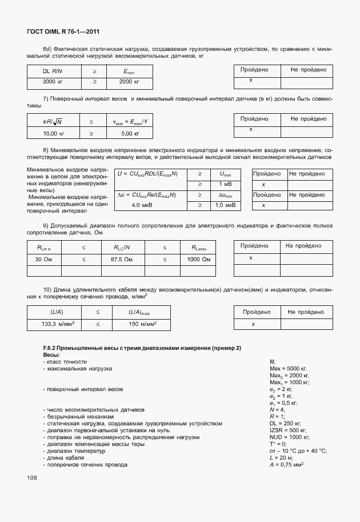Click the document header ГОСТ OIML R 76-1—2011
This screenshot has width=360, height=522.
tap(59, 32)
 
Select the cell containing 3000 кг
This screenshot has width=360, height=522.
tap(53, 82)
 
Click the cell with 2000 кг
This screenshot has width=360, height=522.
tap(129, 82)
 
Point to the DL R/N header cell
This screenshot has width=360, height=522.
tap(53, 71)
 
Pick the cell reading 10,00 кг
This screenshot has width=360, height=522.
tap(54, 133)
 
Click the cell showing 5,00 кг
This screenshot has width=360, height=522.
tap(131, 133)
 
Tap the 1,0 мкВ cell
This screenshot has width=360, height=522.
tap(225, 205)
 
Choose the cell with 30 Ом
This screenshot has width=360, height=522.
tap(43, 260)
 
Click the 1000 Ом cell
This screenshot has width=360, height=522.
tap(198, 260)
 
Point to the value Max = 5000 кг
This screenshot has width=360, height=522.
tap(289, 369)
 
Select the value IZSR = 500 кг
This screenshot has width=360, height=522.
tap(288, 430)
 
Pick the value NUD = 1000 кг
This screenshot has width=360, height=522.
tap(289, 437)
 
